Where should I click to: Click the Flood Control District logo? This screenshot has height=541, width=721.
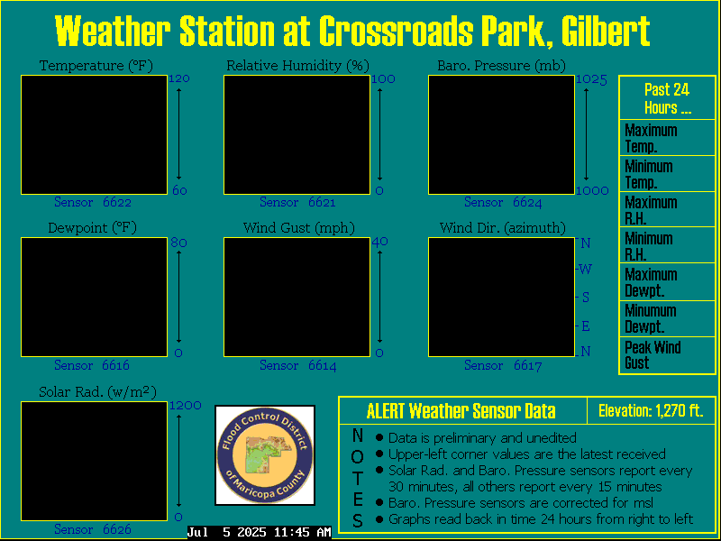coord(265,455)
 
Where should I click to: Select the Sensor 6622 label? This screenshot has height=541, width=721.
coord(93,202)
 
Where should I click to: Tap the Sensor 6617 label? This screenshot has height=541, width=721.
coord(503,366)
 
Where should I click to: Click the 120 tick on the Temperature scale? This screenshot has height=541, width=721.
coord(179,78)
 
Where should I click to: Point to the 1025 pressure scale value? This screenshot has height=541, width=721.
coord(592,80)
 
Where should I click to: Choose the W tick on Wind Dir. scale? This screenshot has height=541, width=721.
coord(585,269)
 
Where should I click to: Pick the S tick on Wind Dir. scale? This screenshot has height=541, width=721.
coord(585,298)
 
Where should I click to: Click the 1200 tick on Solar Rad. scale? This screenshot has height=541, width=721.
coord(186,405)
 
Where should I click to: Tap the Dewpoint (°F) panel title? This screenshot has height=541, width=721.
coord(93,228)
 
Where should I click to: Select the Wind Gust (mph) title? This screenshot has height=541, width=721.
coord(299,228)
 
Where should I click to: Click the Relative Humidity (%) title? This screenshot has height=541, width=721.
coord(298,66)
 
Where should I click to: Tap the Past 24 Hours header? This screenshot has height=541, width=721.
coord(667,98)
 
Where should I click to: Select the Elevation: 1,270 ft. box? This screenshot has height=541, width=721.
coord(651,410)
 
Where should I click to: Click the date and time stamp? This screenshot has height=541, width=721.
coord(260,532)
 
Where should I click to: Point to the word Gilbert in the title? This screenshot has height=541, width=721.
coord(606,32)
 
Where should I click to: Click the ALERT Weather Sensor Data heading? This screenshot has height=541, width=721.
coord(461,410)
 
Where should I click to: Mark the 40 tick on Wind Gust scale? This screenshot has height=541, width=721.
coord(379,242)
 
